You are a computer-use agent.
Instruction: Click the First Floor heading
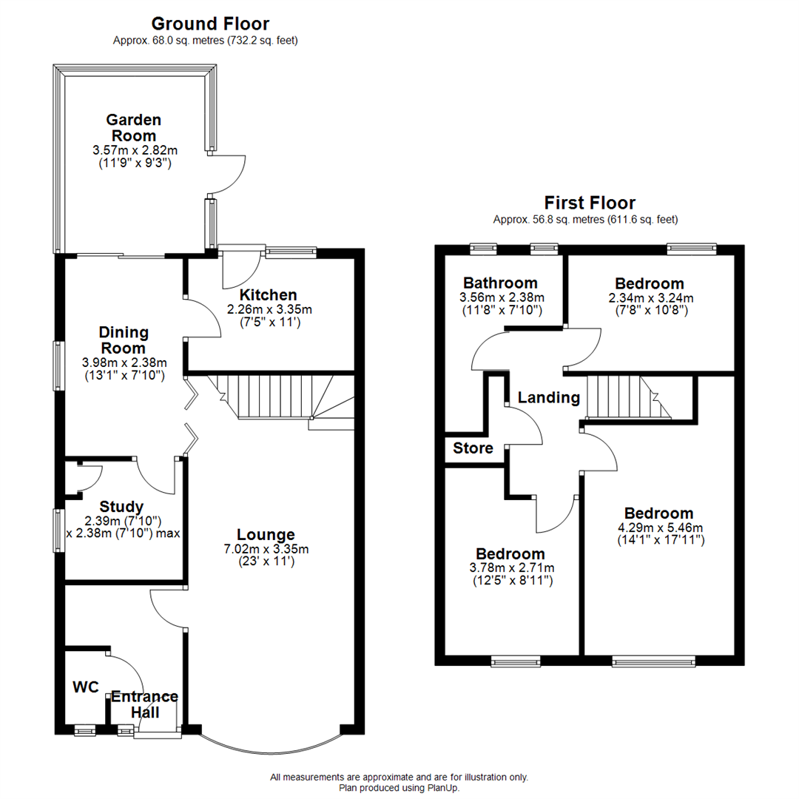[590, 203]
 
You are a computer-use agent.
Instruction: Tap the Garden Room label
[133, 127]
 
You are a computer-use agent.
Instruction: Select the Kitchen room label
[268, 295]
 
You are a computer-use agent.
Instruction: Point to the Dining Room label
[124, 340]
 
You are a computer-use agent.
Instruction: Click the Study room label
[121, 507]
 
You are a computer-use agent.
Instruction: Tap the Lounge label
[266, 534]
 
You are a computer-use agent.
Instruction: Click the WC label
[86, 687]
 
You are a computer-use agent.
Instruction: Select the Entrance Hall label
[144, 704]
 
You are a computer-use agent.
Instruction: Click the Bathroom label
[500, 283]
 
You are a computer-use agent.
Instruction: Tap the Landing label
[548, 397]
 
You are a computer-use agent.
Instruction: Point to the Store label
[473, 448]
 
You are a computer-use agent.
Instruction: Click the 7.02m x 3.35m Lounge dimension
[266, 549]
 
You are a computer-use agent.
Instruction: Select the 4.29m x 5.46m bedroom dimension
[658, 527]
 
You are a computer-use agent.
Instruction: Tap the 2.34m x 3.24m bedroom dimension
[650, 297]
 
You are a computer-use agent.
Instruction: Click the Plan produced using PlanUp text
[399, 788]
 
